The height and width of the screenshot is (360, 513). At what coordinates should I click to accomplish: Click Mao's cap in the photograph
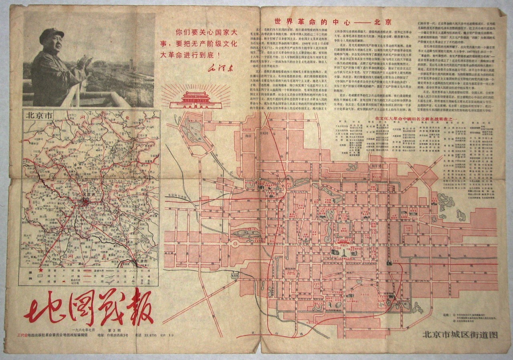click(52, 34)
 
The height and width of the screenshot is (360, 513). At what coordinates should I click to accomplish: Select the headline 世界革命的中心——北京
click(332, 22)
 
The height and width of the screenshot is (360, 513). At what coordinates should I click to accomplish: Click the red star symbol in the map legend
click(40, 271)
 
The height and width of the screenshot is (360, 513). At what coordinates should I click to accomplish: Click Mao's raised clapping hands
click(85, 61)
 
